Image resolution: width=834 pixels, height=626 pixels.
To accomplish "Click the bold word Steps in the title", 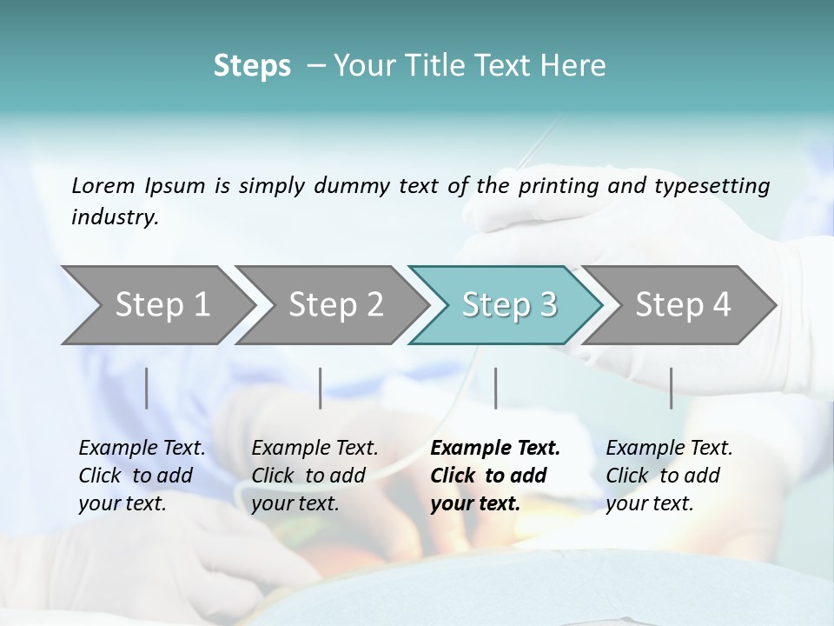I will coord(252,66).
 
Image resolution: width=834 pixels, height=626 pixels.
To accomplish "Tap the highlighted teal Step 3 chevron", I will coord(509,305).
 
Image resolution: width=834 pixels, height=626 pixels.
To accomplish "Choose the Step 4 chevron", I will coord(683,305).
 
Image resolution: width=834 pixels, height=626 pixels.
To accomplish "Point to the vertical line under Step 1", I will coord(147,388).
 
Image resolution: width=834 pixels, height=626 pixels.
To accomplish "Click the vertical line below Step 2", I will coord(321,388).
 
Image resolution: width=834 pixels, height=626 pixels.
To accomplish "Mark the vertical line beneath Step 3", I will coord(495,388).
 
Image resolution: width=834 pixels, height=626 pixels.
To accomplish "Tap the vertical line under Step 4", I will coord(672,388).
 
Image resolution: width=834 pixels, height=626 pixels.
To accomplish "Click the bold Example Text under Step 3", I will coord(495,449).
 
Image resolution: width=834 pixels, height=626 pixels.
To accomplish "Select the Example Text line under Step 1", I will coord(142,449).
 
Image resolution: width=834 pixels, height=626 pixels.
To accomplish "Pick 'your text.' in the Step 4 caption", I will coord(649,504).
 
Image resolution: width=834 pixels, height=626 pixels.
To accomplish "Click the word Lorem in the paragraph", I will coord(103,185).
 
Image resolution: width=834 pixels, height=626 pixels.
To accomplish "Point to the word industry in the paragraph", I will coord(115,217).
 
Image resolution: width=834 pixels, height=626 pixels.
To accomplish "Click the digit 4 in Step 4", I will coord(720,305).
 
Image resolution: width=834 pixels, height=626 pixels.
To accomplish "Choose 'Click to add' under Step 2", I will coord(308,476).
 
